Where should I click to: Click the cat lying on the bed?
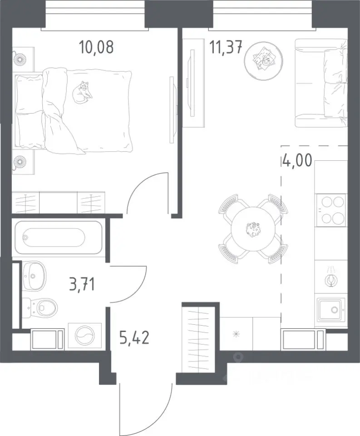(82, 93)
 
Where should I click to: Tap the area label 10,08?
(96, 47)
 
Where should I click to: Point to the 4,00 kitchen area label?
(296, 161)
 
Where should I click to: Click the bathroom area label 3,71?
(82, 285)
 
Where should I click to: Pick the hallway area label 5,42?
(134, 337)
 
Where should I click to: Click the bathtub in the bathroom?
(58, 237)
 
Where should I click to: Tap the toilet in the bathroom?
(40, 307)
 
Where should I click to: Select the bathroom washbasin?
(34, 276)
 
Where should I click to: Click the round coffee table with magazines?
(264, 60)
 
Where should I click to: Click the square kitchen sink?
(331, 310)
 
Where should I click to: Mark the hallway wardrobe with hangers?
(198, 339)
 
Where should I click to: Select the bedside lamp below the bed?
(20, 162)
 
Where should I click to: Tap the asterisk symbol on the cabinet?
(236, 334)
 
